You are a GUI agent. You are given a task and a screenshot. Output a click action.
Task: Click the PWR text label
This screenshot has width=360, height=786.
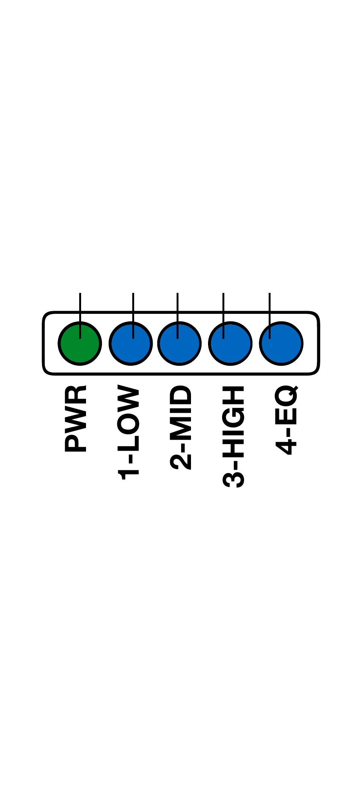(x=76, y=418)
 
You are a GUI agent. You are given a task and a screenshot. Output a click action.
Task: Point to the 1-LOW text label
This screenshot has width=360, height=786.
(x=129, y=432)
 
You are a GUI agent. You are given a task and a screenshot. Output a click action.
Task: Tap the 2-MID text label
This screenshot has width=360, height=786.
(x=181, y=427)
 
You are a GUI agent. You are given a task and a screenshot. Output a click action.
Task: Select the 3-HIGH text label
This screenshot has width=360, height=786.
(x=233, y=436)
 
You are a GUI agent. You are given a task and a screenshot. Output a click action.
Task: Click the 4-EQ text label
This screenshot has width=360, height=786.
(x=286, y=420)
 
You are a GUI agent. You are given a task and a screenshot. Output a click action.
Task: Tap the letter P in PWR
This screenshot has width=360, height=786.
(x=76, y=443)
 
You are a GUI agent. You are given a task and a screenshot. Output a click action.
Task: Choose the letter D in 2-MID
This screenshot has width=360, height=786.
(x=181, y=396)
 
